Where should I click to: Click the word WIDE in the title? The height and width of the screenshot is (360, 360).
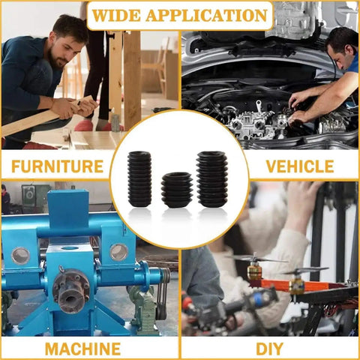(116, 16)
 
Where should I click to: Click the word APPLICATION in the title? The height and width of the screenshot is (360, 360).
(207, 16)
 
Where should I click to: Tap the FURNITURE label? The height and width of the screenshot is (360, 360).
(58, 166)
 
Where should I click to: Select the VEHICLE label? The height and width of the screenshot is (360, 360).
(300, 166)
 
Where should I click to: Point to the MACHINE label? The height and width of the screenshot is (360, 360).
(82, 349)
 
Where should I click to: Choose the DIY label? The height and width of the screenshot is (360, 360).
(270, 349)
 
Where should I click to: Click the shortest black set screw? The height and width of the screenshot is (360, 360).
(177, 190)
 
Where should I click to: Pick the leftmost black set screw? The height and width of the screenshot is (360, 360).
(139, 178)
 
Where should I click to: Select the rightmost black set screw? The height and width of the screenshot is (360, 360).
(212, 179)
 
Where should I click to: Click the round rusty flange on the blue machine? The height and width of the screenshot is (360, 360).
(71, 291)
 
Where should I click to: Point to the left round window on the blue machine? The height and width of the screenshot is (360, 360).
(20, 256)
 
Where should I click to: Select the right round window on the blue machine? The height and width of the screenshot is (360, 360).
(119, 252)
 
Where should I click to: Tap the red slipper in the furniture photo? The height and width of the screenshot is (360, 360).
(84, 125)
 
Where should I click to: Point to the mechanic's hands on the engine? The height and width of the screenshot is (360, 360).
(298, 107)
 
